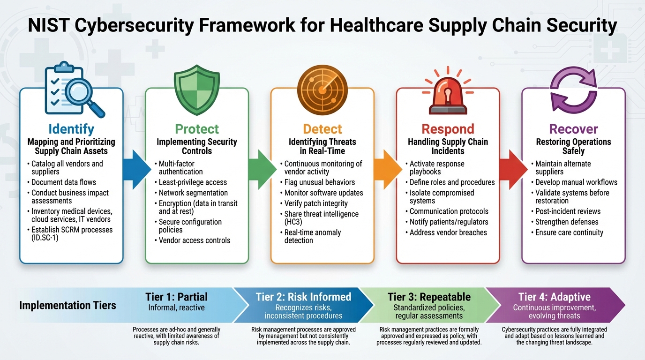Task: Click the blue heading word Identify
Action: point(71,129)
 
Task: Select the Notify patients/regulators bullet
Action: point(449,222)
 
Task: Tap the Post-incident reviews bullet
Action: point(568,211)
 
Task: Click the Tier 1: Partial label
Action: point(176,297)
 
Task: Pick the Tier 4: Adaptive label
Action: point(554,297)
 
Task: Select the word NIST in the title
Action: point(48,26)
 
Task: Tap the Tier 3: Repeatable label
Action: point(428,297)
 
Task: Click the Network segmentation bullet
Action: point(193,193)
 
